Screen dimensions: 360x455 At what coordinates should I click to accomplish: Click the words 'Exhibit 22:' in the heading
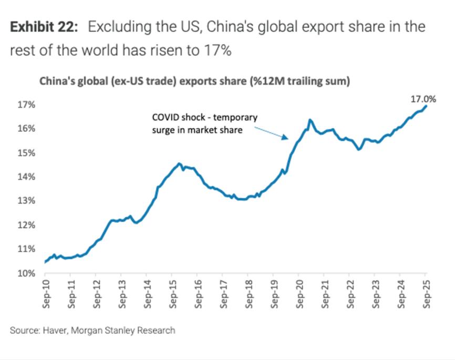click(44, 28)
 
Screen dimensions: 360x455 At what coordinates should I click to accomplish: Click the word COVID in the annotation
click(164, 118)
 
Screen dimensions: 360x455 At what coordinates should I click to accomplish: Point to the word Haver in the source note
click(52, 331)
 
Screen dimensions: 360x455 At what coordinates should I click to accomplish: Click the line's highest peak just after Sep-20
click(310, 120)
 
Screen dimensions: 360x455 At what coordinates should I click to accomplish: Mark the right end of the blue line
click(426, 106)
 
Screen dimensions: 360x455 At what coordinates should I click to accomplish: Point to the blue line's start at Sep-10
click(45, 261)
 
